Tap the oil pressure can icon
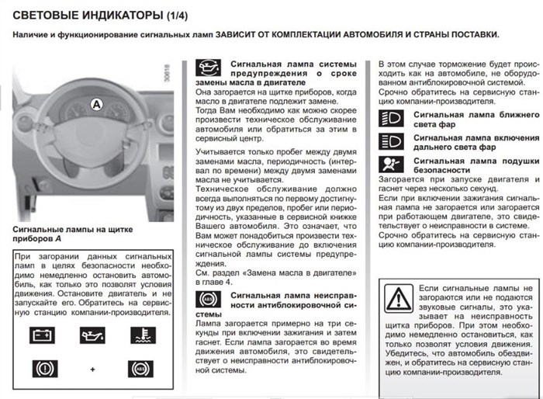[92, 335]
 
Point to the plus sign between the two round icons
[92, 370]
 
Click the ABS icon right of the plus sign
[140, 369]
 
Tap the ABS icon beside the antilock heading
[207, 299]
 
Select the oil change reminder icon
[207, 67]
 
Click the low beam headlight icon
[390, 119]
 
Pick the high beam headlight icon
[390, 141]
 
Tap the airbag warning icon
[390, 164]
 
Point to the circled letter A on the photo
[95, 102]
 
